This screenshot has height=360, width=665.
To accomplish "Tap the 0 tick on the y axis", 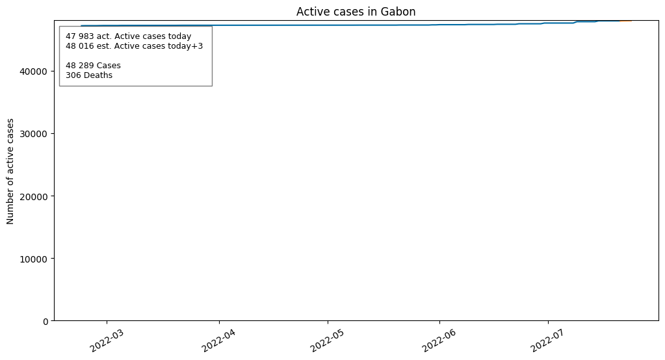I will (46, 321).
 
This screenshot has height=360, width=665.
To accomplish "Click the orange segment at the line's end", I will (626, 21).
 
